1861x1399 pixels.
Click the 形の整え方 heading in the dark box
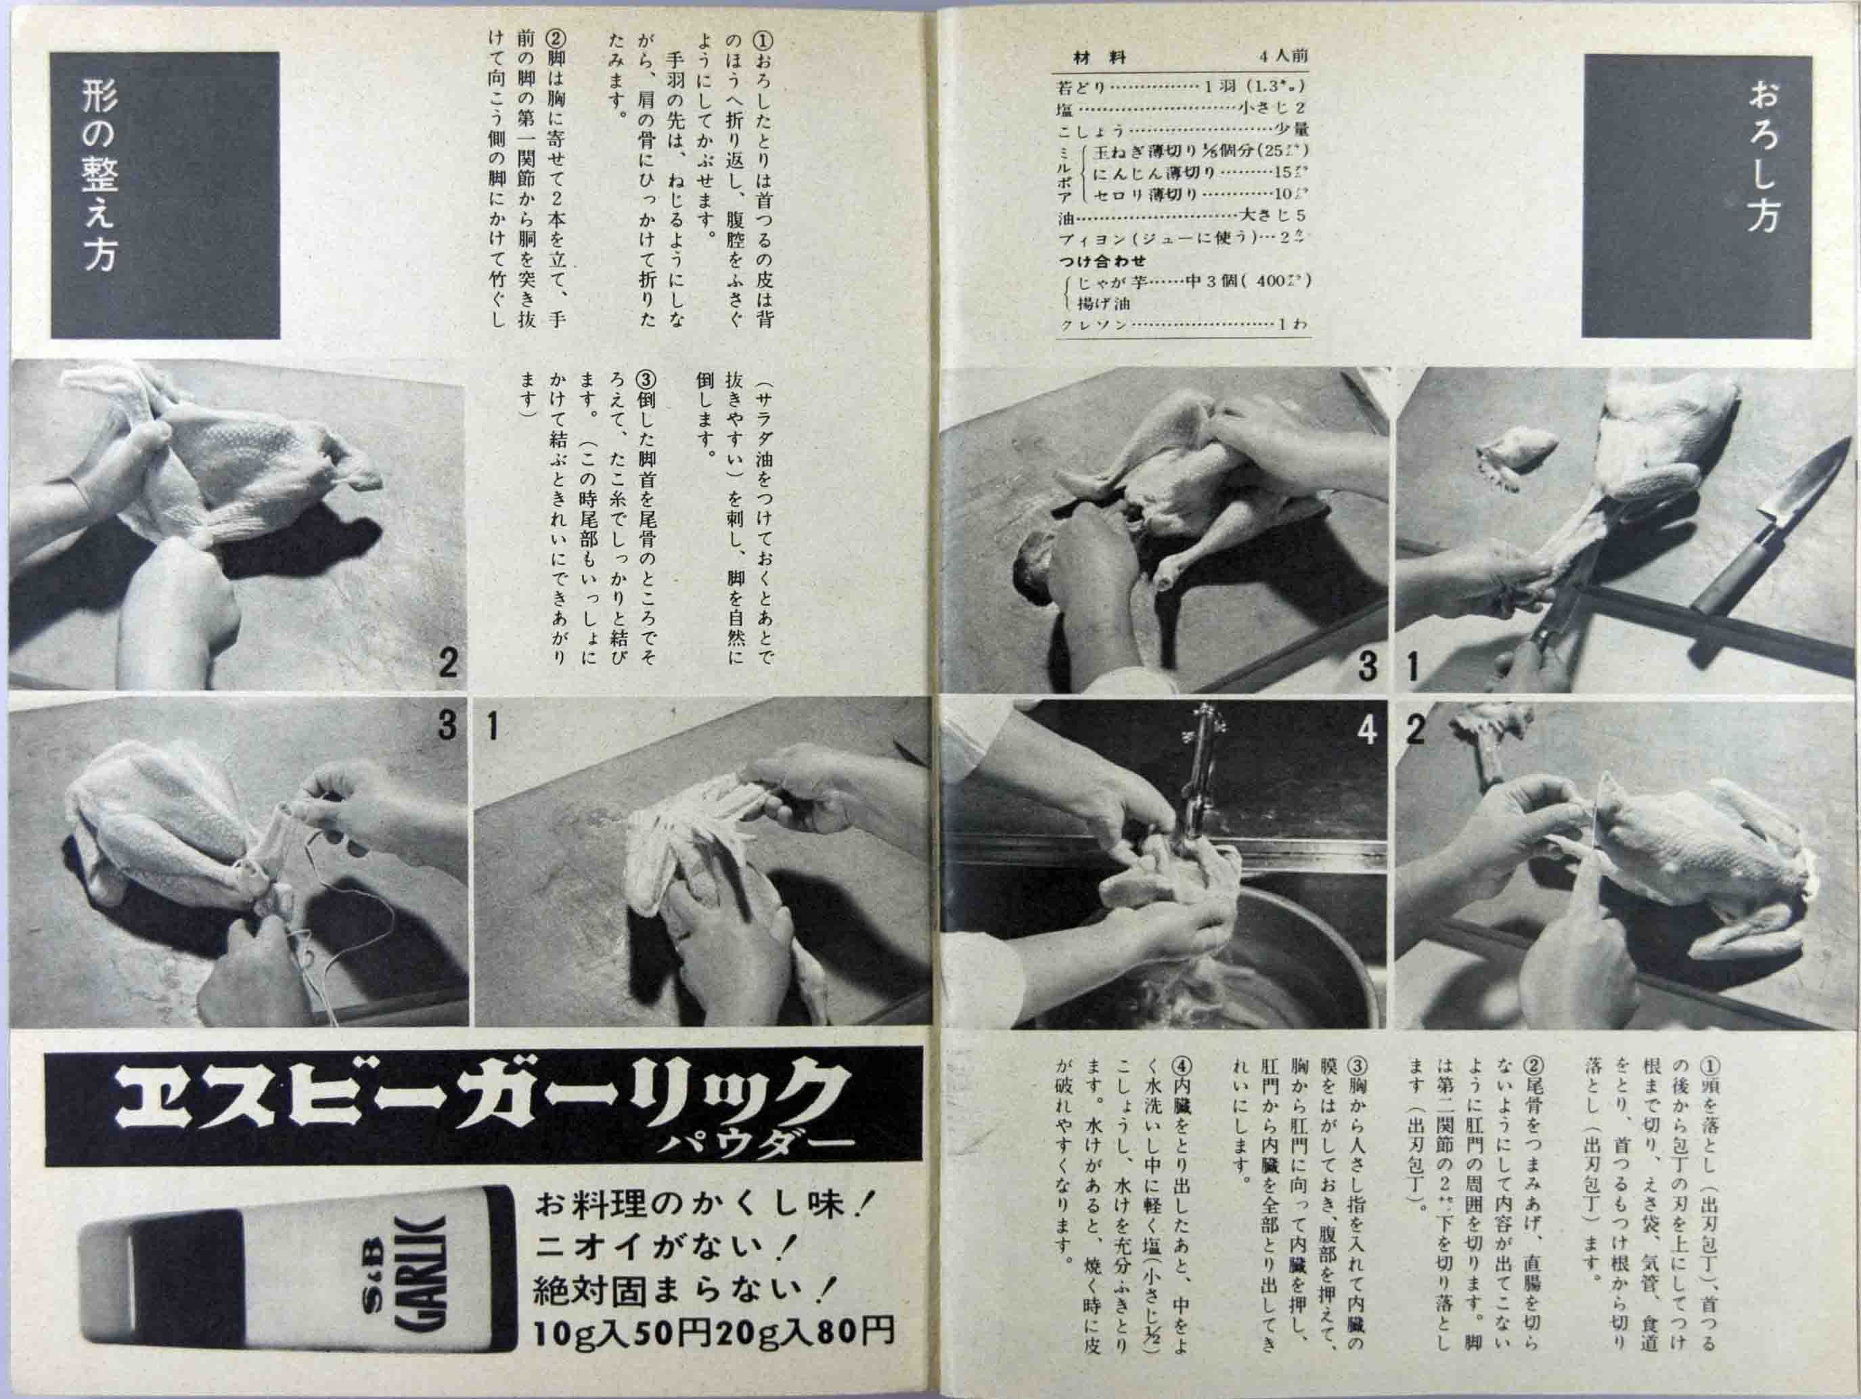click(x=100, y=177)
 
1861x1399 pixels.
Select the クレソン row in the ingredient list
click(x=1178, y=324)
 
